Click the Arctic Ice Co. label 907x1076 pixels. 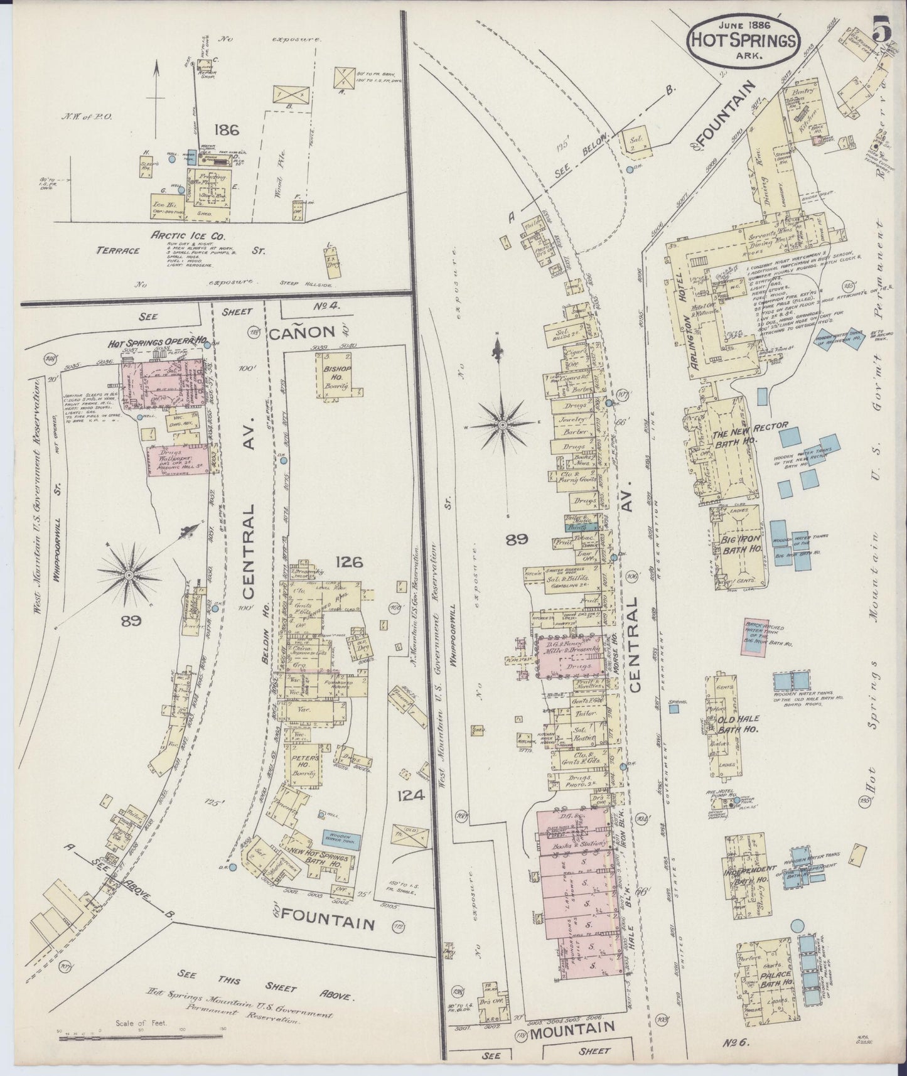(x=180, y=235)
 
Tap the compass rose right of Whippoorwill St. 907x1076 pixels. (x=503, y=425)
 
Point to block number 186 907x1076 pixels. (x=225, y=131)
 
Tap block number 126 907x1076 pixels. (x=348, y=561)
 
